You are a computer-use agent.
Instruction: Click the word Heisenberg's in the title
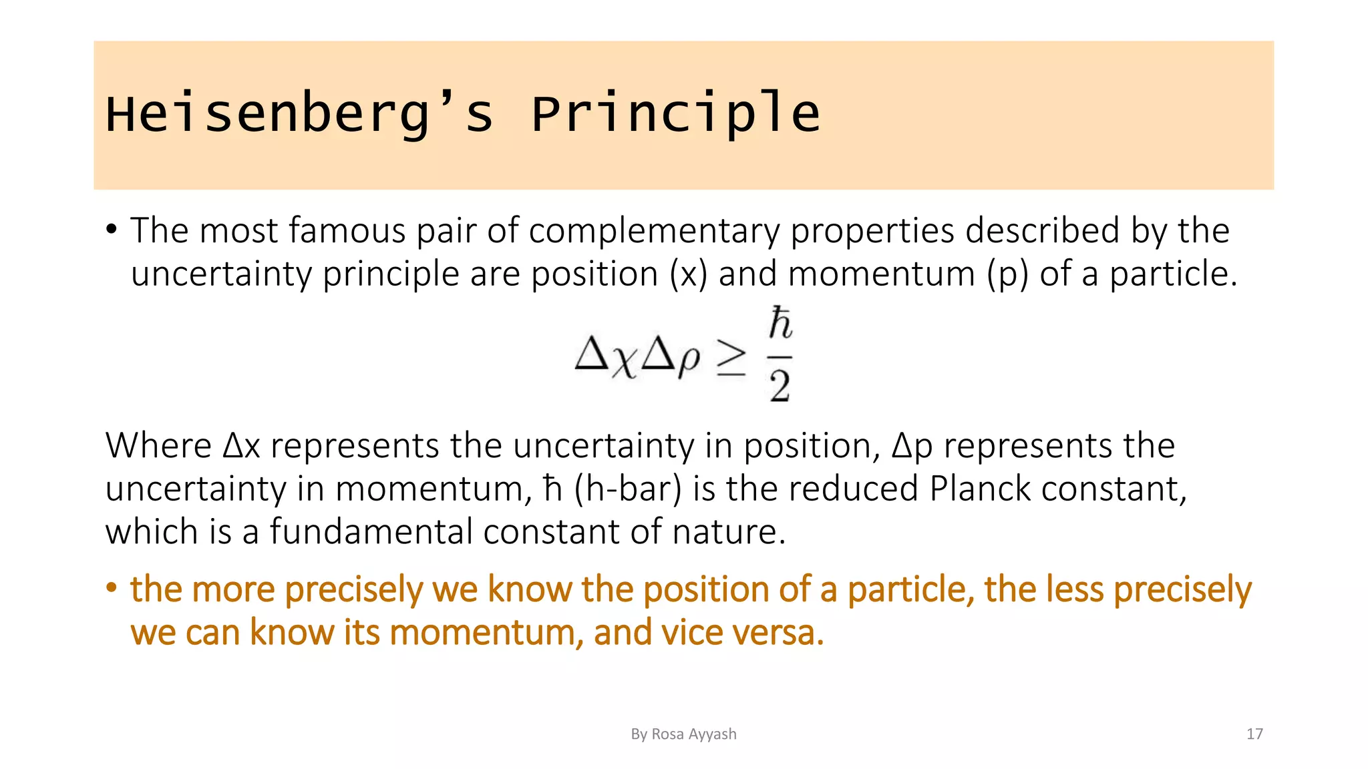point(299,113)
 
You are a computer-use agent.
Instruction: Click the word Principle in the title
point(675,113)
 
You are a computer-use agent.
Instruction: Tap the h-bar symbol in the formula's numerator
point(780,324)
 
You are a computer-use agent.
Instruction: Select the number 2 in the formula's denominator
point(780,386)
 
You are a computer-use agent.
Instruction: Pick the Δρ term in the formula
point(671,359)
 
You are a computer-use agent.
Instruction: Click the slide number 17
point(1254,734)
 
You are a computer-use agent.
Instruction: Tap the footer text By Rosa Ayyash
point(683,734)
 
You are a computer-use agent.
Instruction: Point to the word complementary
point(654,231)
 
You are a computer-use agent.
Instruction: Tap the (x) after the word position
point(688,274)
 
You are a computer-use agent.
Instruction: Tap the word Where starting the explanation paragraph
point(158,446)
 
